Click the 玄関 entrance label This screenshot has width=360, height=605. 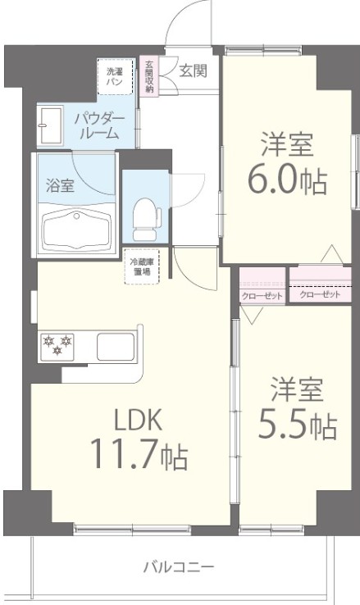click(194, 71)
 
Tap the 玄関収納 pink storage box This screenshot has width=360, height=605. click(149, 76)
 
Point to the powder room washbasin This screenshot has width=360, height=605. click(52, 125)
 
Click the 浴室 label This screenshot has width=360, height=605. click(60, 184)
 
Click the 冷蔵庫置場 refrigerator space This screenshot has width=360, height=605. click(143, 268)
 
